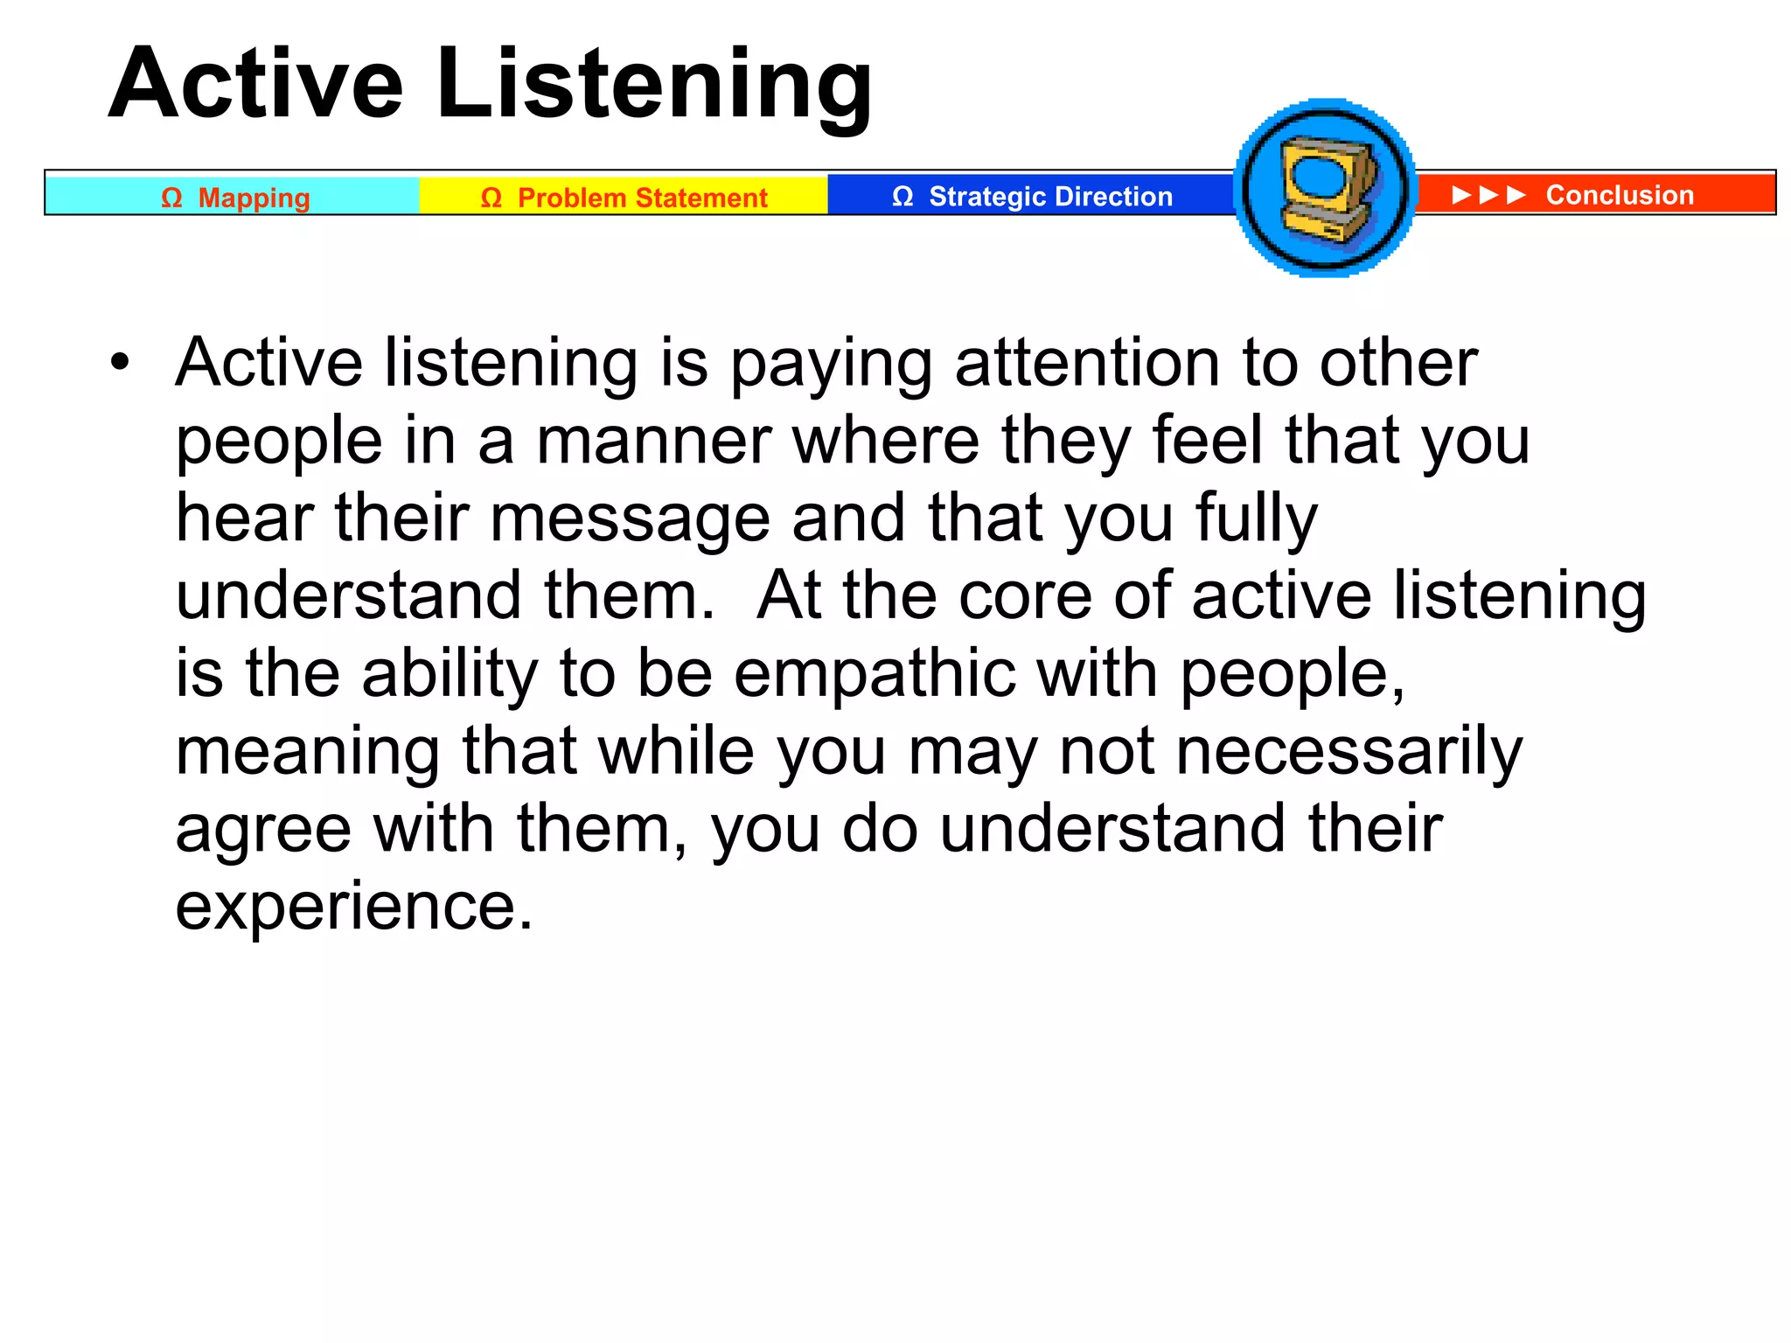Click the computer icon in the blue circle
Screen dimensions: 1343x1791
(1327, 189)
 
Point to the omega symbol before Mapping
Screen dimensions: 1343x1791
(171, 198)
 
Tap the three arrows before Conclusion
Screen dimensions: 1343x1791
(1488, 194)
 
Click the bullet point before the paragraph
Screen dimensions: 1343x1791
(120, 361)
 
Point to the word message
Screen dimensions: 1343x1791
(630, 518)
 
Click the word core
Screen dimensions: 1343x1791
(1024, 595)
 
